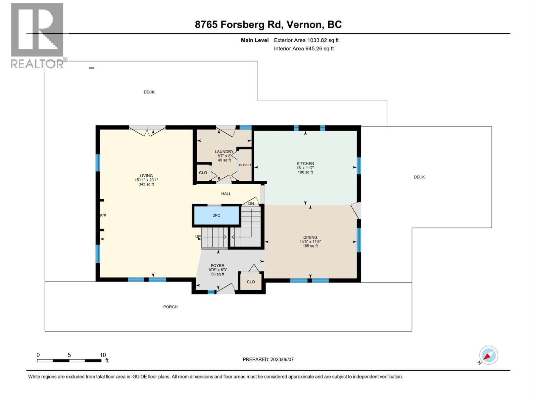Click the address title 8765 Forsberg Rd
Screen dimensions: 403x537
[x=268, y=25]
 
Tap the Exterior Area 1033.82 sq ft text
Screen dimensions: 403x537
[x=306, y=40]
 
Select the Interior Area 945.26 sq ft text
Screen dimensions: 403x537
[x=303, y=49]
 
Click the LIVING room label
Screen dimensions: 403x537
[x=146, y=176]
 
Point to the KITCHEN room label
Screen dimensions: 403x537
[x=305, y=164]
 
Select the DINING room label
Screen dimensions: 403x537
[x=310, y=237]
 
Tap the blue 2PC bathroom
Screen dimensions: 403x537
[x=216, y=216]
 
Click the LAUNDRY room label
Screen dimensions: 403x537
[x=224, y=152]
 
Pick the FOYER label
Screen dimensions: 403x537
[x=217, y=266]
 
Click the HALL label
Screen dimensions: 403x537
[x=226, y=194]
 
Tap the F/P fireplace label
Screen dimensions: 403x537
[x=103, y=216]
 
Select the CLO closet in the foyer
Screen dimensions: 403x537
[x=251, y=282]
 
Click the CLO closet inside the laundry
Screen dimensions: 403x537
[x=203, y=173]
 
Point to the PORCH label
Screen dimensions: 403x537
[x=170, y=307]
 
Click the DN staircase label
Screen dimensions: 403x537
[x=251, y=204]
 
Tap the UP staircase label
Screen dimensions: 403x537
[x=198, y=237]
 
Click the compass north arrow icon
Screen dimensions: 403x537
[x=488, y=355]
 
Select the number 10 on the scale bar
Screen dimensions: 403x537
[x=103, y=355]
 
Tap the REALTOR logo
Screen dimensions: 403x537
[x=38, y=35]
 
